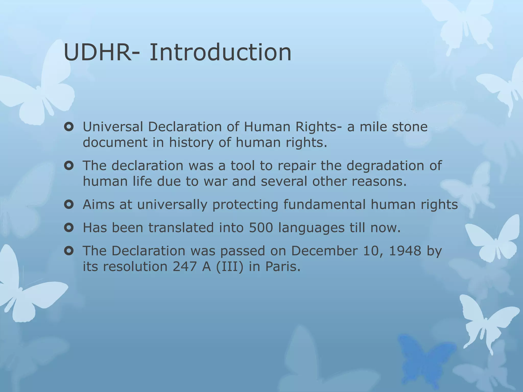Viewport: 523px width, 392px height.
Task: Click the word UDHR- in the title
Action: (x=98, y=53)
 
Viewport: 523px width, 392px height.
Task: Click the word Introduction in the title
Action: (x=220, y=53)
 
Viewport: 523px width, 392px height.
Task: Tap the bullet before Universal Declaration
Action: (x=69, y=127)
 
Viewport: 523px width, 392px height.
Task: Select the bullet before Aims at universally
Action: (x=69, y=204)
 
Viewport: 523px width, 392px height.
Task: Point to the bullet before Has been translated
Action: (x=69, y=227)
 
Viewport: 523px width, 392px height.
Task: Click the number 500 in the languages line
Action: (x=261, y=227)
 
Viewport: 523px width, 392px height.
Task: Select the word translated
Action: (x=181, y=227)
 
